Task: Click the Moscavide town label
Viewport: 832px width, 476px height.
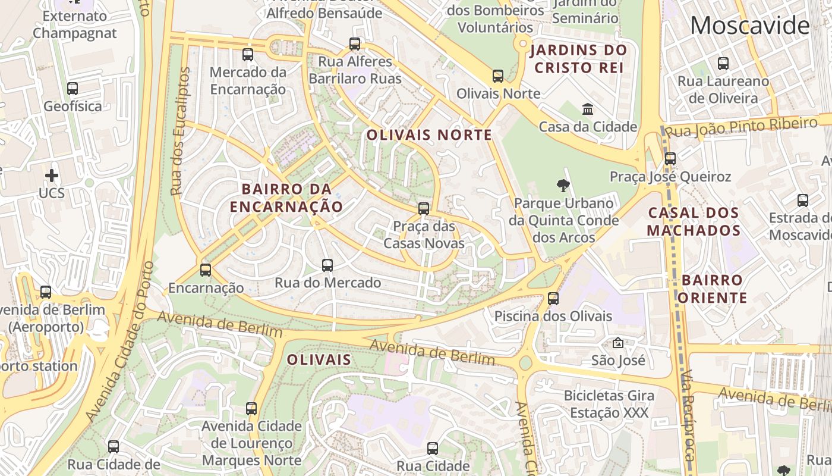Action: [x=749, y=26]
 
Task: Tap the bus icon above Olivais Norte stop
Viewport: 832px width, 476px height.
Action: [x=498, y=76]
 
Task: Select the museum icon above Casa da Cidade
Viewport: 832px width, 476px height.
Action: [x=588, y=109]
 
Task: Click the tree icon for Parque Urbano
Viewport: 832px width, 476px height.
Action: [x=563, y=186]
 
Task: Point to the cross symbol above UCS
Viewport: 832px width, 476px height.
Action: [x=52, y=176]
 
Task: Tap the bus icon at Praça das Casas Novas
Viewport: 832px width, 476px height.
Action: [x=423, y=209]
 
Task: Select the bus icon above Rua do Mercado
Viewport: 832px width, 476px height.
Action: [x=327, y=265]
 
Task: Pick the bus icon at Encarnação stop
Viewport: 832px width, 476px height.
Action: [x=206, y=270]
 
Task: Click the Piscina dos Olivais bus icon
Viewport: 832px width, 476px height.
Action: [x=553, y=299]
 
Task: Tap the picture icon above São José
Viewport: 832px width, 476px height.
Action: [x=618, y=343]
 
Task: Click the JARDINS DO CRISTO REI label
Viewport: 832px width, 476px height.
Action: [x=579, y=58]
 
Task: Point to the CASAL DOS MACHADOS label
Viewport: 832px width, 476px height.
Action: [x=694, y=221]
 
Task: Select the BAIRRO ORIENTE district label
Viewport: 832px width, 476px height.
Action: [x=712, y=289]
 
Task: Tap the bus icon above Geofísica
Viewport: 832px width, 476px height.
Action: [x=73, y=89]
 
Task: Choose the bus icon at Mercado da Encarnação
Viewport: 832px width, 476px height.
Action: [x=248, y=55]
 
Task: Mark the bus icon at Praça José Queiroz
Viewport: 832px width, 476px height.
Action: [x=670, y=159]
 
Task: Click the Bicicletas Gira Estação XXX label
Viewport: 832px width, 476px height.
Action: [x=609, y=404]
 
